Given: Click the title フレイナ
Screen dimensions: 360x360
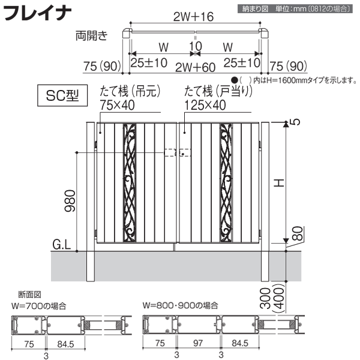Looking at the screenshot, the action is (37, 13).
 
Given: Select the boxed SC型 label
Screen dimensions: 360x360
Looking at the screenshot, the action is (62, 95).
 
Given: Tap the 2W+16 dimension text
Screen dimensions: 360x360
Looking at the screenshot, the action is (193, 17).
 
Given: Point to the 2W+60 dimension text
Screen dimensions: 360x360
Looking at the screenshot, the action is (195, 67).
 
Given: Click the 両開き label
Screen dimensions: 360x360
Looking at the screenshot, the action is (91, 35).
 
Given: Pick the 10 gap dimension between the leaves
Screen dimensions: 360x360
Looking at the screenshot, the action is (196, 46).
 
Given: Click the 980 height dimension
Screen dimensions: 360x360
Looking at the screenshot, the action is (70, 200).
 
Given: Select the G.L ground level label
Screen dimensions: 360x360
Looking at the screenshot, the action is (62, 245).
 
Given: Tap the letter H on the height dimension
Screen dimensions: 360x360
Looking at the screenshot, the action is (280, 183).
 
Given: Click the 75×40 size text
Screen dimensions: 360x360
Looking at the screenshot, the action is (117, 105).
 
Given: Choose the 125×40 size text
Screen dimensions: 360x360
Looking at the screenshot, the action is (205, 105).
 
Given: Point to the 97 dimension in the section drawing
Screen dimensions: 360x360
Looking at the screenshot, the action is (197, 343).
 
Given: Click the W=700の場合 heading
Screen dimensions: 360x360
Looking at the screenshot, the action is (39, 306).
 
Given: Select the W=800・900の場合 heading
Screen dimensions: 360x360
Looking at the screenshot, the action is (180, 305).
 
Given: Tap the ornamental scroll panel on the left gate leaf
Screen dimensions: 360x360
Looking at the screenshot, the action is (130, 183).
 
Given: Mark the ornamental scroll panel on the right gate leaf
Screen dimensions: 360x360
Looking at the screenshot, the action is (226, 183).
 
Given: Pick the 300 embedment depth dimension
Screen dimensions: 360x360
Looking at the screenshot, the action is (266, 298).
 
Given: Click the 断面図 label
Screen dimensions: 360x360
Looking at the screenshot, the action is (29, 295).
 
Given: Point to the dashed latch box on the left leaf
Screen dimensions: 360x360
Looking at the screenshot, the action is (170, 152).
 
